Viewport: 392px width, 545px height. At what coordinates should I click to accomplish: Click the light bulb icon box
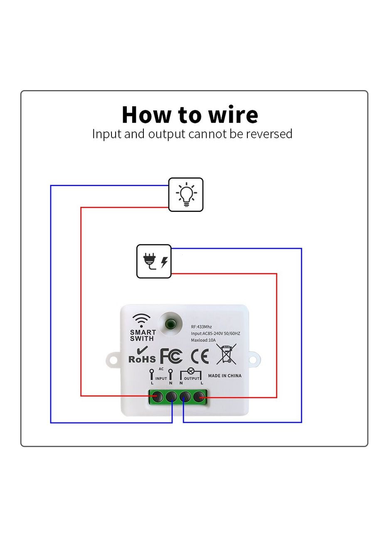[x=186, y=194]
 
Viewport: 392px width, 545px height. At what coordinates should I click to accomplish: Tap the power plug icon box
[x=154, y=261]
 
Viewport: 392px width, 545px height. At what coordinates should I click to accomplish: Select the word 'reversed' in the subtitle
[x=269, y=134]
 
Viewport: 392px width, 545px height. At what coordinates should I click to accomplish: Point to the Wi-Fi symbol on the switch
[x=142, y=321]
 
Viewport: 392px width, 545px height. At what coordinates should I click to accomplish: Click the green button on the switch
[x=170, y=323]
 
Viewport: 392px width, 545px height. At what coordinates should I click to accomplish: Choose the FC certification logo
[x=171, y=356]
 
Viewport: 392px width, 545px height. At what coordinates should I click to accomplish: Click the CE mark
[x=200, y=356]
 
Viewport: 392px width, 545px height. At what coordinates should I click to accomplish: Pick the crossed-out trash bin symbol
[x=226, y=354]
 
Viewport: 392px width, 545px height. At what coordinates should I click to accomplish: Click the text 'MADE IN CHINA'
[x=224, y=376]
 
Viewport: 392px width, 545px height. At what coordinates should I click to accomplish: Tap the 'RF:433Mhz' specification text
[x=201, y=327]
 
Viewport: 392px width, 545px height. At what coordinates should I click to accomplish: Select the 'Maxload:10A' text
[x=203, y=340]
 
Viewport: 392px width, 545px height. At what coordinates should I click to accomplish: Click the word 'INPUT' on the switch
[x=161, y=378]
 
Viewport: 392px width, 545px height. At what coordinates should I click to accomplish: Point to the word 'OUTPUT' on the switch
[x=192, y=378]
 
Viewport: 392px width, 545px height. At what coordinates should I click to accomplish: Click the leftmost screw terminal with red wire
[x=157, y=397]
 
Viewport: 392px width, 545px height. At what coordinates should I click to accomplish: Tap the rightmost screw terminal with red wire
[x=200, y=398]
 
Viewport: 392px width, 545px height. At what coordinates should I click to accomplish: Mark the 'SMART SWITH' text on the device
[x=143, y=335]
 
